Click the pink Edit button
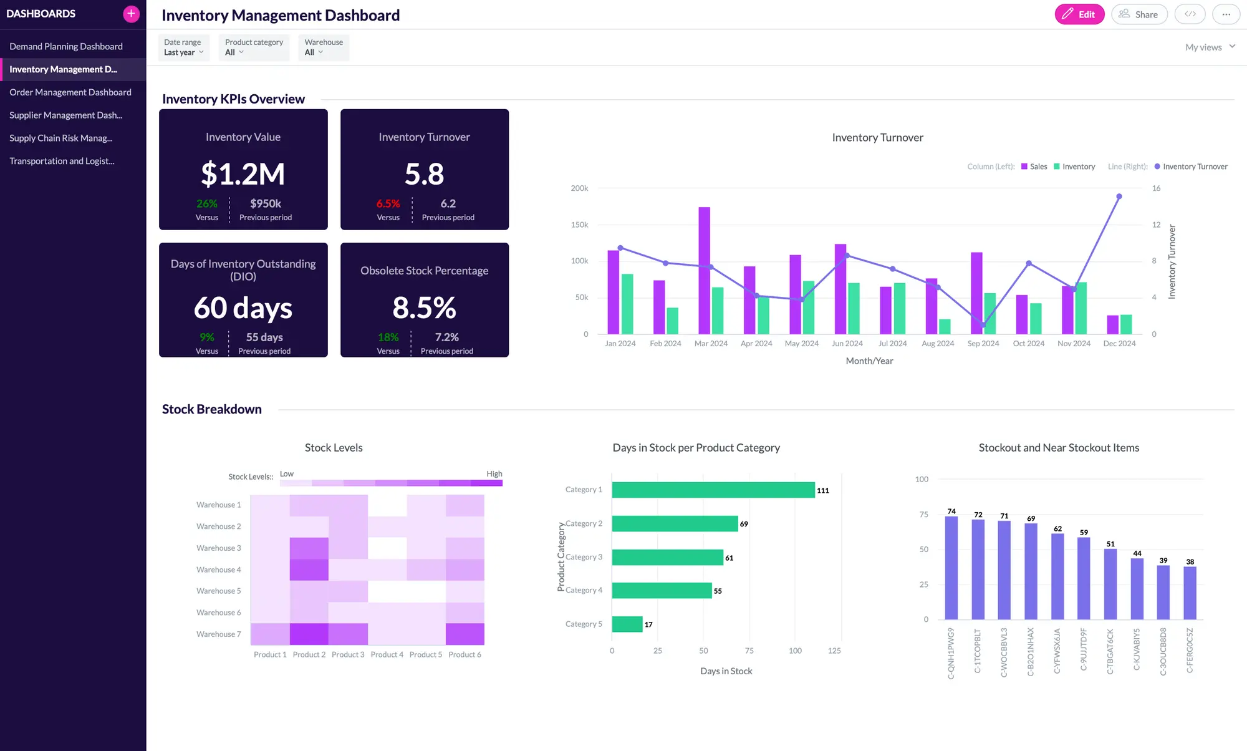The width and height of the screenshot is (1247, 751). (x=1079, y=14)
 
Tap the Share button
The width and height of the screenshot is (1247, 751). (x=1139, y=14)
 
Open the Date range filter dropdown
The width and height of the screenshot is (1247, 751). (x=183, y=47)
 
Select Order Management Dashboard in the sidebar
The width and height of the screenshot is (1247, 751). (x=70, y=92)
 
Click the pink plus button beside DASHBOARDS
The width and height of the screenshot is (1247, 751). (x=131, y=14)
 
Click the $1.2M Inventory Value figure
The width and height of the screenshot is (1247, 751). (x=243, y=174)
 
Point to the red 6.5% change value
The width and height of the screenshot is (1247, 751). (x=388, y=204)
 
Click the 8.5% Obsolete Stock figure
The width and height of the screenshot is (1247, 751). (x=424, y=308)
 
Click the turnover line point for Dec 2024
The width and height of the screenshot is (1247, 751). (x=1119, y=196)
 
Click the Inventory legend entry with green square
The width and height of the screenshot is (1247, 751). (x=1074, y=167)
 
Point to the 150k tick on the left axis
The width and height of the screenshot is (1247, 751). (x=579, y=225)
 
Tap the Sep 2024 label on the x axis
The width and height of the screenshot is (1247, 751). (x=983, y=344)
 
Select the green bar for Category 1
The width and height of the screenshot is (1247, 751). (x=713, y=490)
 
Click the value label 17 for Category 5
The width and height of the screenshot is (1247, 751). (x=648, y=624)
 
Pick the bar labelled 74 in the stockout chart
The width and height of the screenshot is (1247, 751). (x=951, y=567)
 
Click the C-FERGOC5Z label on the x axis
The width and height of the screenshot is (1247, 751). (x=1190, y=650)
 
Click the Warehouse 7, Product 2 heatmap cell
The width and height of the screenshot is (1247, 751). (x=309, y=634)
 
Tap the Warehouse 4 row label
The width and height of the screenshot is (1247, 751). (x=218, y=569)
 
